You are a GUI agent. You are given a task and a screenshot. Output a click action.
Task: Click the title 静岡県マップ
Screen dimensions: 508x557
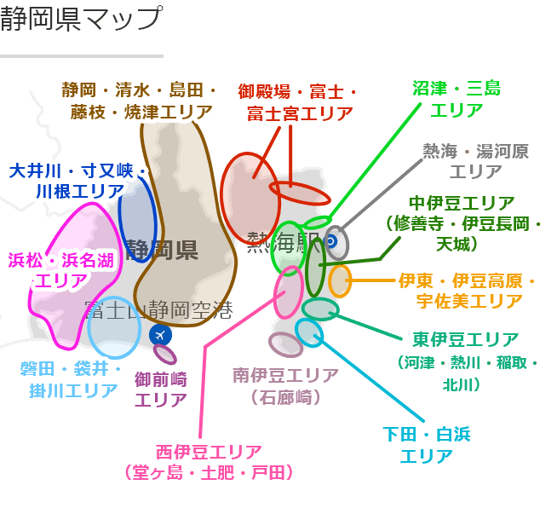coord(81,19)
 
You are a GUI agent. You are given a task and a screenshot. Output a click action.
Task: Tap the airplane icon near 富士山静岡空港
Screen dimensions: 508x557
coord(159,335)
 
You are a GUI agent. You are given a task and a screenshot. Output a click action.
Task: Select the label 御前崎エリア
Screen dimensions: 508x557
coord(161,389)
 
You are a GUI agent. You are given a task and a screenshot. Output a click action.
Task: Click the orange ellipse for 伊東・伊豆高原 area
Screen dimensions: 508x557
coord(340,280)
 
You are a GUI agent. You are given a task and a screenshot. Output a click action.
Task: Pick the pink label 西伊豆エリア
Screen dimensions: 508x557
coord(210,461)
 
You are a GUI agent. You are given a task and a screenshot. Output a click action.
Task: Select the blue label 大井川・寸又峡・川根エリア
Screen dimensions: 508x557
coord(78,181)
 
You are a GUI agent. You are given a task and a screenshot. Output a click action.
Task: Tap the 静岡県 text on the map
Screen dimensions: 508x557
coord(162,250)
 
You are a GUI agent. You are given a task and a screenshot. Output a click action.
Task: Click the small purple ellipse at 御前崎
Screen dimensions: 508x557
coord(165,354)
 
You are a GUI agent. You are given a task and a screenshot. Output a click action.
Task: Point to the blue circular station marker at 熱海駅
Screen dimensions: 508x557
coord(331,241)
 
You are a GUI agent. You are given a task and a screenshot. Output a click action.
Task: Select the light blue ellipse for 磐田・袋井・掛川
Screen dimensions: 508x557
coord(114,326)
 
